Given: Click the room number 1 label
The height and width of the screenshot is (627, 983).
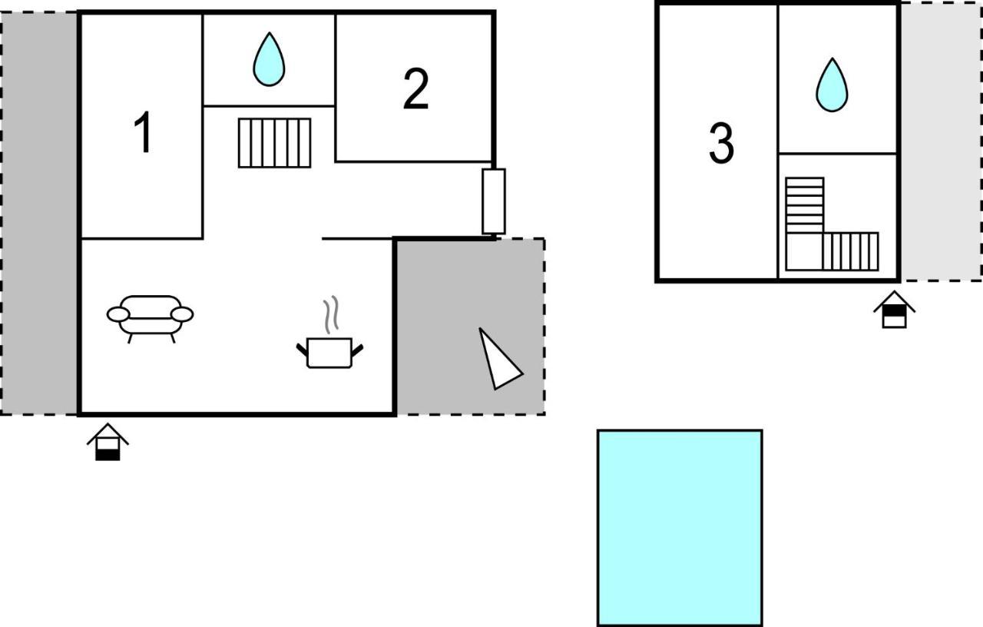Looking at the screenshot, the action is [x=143, y=131].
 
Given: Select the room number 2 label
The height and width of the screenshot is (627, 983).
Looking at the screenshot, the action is [x=415, y=88].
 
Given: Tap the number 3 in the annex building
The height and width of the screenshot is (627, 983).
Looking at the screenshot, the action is [x=721, y=143].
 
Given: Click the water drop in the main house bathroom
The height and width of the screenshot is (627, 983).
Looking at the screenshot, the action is [x=269, y=59].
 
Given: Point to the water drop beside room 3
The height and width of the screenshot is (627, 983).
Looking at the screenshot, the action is [x=832, y=85].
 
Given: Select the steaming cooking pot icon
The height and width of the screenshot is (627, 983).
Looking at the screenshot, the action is [x=329, y=333].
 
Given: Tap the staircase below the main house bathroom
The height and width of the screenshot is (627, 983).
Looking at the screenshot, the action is [x=275, y=143].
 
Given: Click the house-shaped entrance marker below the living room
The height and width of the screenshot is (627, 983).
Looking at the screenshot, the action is [x=108, y=442].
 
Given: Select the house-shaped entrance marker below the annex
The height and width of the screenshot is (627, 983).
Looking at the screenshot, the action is [x=895, y=309].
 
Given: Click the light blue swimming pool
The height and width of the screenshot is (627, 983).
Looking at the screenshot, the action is [x=680, y=528].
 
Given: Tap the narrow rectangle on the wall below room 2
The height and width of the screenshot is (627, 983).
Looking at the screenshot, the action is [x=494, y=201].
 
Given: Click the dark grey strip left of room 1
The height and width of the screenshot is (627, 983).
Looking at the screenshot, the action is [x=39, y=214].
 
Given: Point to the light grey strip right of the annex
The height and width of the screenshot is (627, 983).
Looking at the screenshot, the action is [x=941, y=141].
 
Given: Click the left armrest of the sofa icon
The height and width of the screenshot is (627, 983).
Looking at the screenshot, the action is [x=118, y=314].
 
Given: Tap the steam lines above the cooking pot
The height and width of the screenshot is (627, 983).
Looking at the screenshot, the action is [x=331, y=314].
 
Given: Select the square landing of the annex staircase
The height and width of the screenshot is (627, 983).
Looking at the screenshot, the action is [x=804, y=251].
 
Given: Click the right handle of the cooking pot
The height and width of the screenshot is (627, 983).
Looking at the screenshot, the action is [x=357, y=350].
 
